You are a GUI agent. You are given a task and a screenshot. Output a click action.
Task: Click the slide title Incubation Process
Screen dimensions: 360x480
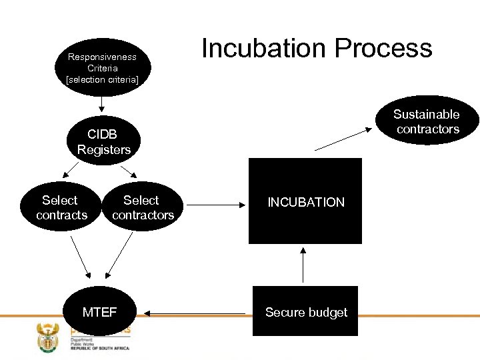[317, 49]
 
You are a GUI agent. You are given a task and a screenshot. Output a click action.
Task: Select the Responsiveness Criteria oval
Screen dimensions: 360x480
[102, 67]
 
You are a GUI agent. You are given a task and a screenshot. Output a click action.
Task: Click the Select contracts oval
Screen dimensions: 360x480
[60, 208]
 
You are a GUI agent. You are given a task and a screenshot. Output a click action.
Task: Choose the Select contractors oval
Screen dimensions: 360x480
[143, 208]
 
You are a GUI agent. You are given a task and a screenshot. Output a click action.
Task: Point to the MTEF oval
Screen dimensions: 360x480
[99, 312]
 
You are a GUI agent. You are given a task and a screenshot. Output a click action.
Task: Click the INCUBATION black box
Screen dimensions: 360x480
[305, 201]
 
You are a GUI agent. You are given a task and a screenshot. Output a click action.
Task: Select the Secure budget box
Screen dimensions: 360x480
[305, 312]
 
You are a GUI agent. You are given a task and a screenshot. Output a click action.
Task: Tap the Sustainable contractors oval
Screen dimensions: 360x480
[427, 121]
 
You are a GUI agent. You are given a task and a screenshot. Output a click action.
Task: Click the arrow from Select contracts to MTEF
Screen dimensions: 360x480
[80, 257]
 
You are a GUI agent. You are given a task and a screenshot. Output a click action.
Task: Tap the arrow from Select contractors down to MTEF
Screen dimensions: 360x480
[120, 257]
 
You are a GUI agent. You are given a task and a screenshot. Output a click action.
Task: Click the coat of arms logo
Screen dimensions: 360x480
[48, 337]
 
